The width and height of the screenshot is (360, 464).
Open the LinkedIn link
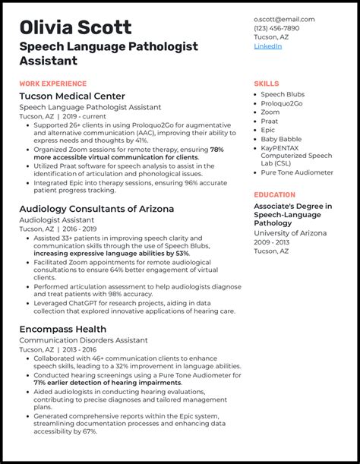pos(267,46)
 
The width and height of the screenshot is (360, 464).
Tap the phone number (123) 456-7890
pos(276,28)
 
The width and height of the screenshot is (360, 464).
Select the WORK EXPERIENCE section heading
pos(53,84)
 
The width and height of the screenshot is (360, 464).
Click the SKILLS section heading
pos(266,84)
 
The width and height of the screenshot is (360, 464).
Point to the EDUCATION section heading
pos(275,195)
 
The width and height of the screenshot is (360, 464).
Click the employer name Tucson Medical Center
pos(72,96)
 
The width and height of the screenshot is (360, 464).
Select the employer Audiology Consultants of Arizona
pos(96,208)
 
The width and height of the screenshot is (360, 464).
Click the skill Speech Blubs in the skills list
pos(283,94)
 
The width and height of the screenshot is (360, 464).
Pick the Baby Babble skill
pos(280,139)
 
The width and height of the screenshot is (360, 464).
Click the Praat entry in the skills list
pos(270,122)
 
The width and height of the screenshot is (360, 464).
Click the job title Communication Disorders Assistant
pos(83,340)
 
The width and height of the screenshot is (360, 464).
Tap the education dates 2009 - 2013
pos(271,241)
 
